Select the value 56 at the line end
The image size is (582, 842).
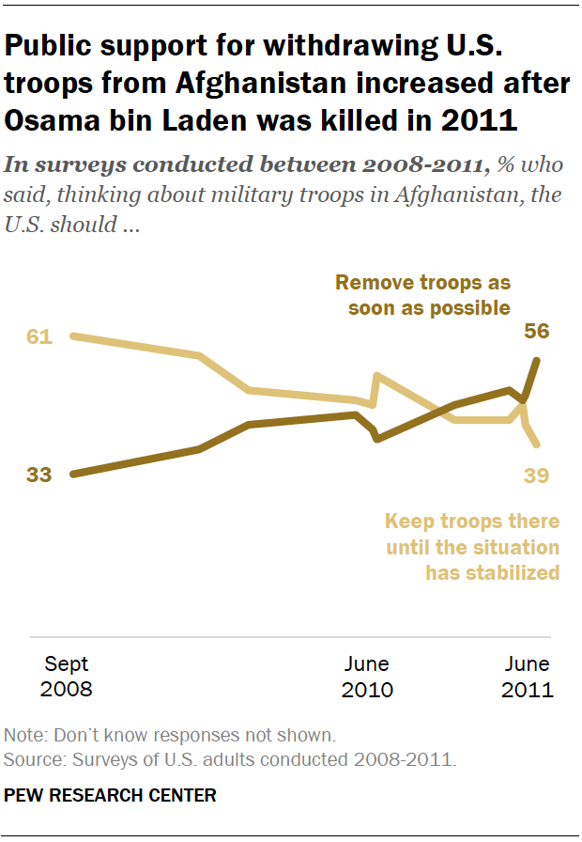pyautogui.click(x=536, y=332)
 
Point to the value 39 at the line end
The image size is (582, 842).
pyautogui.click(x=536, y=476)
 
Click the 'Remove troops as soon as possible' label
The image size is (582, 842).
pyautogui.click(x=422, y=295)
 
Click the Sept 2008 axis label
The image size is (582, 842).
pyautogui.click(x=66, y=677)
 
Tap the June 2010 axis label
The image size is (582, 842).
pyautogui.click(x=366, y=677)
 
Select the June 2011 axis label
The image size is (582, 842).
pyautogui.click(x=527, y=677)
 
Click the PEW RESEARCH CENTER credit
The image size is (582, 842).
pyautogui.click(x=110, y=796)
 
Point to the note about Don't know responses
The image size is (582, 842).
pyautogui.click(x=170, y=734)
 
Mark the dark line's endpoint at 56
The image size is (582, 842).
pyautogui.click(x=537, y=360)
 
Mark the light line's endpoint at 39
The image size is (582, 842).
pyautogui.click(x=536, y=444)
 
